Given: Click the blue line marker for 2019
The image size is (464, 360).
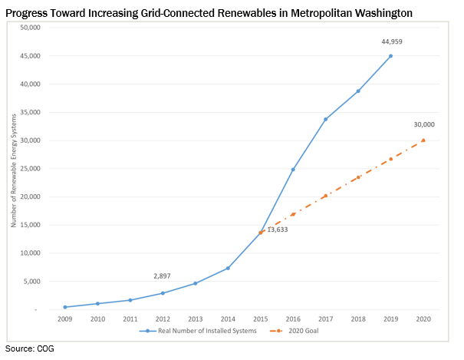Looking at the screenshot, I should click(x=391, y=56).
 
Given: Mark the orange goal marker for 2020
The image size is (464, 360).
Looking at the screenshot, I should click(x=423, y=140).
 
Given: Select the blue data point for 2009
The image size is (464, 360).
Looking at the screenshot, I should click(x=65, y=307).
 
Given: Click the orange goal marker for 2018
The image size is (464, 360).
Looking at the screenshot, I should click(x=358, y=177).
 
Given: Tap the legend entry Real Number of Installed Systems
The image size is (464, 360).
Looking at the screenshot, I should click(x=196, y=332).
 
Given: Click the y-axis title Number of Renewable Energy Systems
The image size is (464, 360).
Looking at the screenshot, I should click(x=13, y=169).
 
